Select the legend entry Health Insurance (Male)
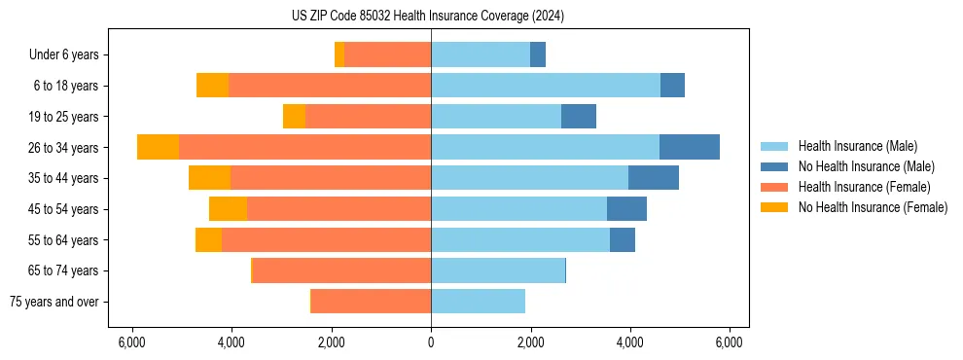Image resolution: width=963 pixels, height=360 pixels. pos(852,146)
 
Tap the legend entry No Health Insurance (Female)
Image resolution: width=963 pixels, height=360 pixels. pos(873,207)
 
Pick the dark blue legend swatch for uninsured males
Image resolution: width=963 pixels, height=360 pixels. pos(774,166)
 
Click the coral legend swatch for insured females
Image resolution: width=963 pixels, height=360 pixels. pos(774,187)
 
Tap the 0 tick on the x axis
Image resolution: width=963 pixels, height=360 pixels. pos(431,342)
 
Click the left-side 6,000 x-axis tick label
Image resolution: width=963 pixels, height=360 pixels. pos(131,342)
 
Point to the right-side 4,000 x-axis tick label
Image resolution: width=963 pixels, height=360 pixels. pos(629,342)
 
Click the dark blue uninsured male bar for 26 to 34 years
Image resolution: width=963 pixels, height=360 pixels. pos(689,147)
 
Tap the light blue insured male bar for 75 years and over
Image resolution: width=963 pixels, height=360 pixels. pos(478,302)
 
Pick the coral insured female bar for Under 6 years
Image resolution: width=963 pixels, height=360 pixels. pos(387,54)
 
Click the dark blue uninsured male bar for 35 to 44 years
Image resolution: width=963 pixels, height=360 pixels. pos(653,178)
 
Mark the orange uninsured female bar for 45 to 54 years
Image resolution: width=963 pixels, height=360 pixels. pos(228,209)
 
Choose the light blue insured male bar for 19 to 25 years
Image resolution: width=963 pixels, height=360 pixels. pos(496,117)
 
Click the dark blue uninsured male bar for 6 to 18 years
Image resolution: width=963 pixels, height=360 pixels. pos(672,86)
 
